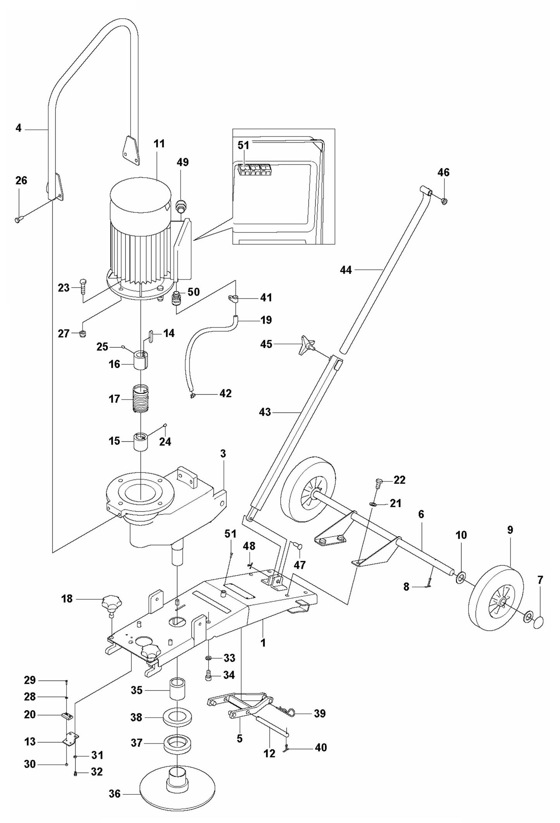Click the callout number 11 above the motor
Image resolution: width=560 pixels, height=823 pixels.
pyautogui.click(x=159, y=144)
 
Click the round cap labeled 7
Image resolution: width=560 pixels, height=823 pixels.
pyautogui.click(x=538, y=623)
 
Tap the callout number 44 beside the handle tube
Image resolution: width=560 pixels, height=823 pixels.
pyautogui.click(x=346, y=270)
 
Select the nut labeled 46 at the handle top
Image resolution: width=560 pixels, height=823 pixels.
pyautogui.click(x=444, y=201)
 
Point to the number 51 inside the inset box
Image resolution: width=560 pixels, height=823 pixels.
pyautogui.click(x=243, y=145)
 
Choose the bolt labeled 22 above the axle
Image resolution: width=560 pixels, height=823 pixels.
pyautogui.click(x=379, y=483)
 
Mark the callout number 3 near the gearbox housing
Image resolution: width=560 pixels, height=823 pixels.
pyautogui.click(x=223, y=453)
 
